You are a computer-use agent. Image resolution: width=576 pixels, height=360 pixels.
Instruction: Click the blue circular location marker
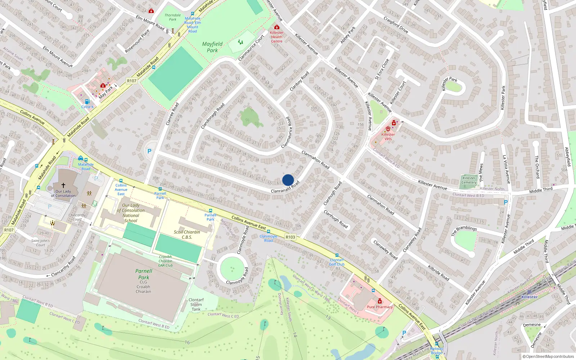click(288, 180)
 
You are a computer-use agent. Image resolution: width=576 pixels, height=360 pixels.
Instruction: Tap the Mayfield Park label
click(212, 47)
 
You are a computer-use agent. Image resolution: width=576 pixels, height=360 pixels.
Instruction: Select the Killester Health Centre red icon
click(276, 27)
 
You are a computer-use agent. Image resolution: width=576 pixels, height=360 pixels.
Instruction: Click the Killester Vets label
click(388, 136)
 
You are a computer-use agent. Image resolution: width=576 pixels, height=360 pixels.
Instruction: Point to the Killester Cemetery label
click(469, 180)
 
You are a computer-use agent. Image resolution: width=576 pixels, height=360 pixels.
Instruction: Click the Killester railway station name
click(529, 297)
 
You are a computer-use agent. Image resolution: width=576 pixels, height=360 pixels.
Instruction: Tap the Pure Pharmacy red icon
click(379, 301)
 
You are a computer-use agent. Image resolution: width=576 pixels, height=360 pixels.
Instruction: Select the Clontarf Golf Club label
click(337, 262)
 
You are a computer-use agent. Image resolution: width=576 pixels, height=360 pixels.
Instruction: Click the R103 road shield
click(290, 237)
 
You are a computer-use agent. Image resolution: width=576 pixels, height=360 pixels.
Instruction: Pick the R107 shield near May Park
click(132, 81)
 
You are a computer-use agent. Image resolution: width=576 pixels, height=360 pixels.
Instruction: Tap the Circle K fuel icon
click(87, 102)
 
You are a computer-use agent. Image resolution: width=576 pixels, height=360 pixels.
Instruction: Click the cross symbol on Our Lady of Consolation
click(63, 185)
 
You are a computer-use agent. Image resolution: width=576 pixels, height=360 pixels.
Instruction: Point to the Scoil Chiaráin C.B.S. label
click(187, 234)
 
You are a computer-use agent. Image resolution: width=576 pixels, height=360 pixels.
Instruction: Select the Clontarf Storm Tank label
click(196, 304)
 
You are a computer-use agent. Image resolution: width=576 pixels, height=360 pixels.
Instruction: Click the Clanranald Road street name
click(285, 187)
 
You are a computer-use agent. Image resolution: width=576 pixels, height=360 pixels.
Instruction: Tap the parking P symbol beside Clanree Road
click(149, 152)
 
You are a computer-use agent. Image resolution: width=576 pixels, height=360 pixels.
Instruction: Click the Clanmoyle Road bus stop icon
click(269, 231)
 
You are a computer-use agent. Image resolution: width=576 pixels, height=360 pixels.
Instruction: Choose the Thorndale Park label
click(173, 17)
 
